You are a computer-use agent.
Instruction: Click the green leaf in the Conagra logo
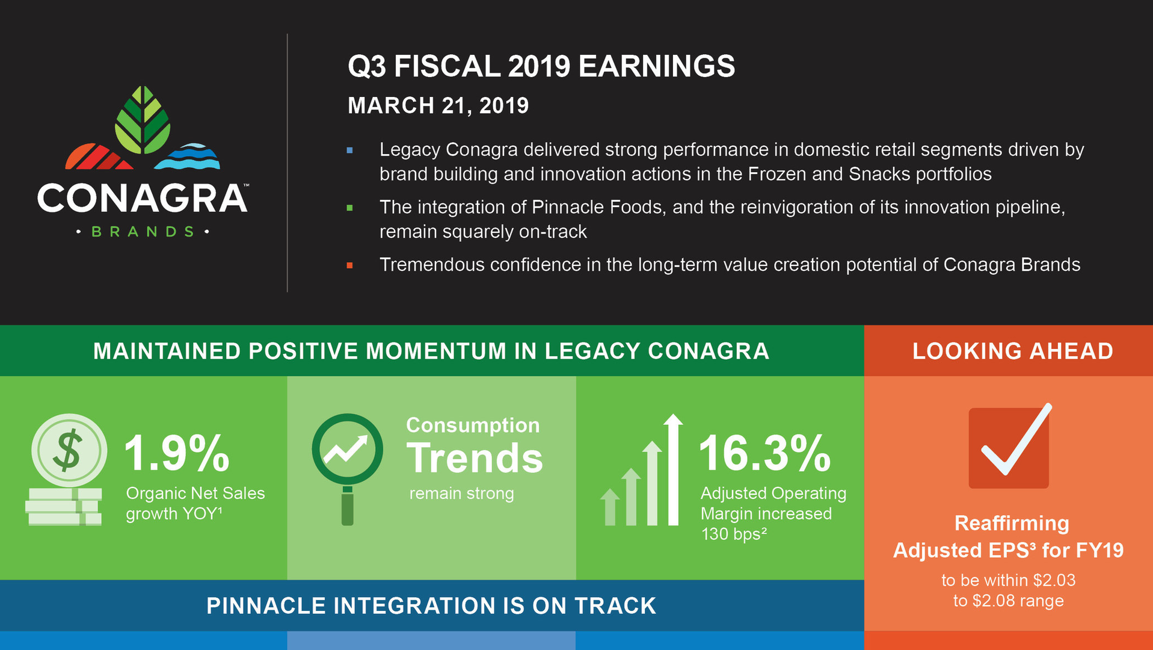143,120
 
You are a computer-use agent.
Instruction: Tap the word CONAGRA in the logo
142,199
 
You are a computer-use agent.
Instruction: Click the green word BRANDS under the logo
143,232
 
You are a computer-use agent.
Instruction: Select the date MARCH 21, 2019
438,106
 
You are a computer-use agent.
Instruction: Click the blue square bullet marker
349,150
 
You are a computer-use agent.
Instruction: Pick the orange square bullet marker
349,265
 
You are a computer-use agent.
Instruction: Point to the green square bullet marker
349,208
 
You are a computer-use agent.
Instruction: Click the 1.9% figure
176,453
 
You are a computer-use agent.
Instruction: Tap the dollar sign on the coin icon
68,450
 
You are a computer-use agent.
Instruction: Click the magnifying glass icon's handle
348,506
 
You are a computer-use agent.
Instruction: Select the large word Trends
475,459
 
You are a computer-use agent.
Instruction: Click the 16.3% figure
764,453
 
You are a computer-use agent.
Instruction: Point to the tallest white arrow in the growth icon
673,469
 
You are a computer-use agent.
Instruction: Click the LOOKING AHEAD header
1012,351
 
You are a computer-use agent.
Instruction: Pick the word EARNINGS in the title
656,66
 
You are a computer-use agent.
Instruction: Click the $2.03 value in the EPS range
1054,580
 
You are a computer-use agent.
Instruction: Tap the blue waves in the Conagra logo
188,156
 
